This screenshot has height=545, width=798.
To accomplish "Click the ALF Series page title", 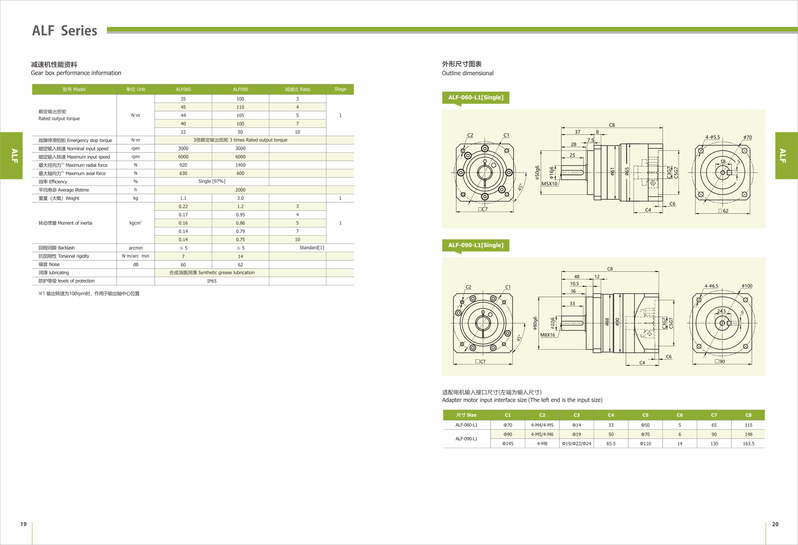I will (65, 30).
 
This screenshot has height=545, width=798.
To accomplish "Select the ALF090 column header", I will (240, 89).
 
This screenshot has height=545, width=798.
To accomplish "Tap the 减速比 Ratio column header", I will (298, 89).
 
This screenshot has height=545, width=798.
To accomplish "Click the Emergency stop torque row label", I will (75, 140).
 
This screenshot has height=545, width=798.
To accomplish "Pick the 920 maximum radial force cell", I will (183, 165).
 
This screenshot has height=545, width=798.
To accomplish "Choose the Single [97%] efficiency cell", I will (212, 181).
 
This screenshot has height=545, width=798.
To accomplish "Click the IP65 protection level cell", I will (212, 281).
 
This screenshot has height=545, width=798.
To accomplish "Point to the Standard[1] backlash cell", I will (311, 247).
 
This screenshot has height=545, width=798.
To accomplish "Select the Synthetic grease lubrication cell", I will (212, 273).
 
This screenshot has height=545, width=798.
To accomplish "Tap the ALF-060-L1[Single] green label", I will (475, 97).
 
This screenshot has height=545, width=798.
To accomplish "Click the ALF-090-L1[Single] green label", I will (475, 245).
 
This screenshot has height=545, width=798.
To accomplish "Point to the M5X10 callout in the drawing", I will (549, 184).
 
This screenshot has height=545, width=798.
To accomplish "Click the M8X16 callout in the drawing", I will (547, 335).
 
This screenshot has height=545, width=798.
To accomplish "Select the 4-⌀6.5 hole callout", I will (711, 286).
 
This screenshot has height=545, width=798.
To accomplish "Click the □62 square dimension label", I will (723, 211).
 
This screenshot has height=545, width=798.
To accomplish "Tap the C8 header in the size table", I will (748, 415).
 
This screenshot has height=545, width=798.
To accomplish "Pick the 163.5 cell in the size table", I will (748, 444).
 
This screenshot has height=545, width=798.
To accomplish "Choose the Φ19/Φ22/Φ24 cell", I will (577, 444).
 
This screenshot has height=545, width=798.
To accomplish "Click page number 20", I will (775, 524).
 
